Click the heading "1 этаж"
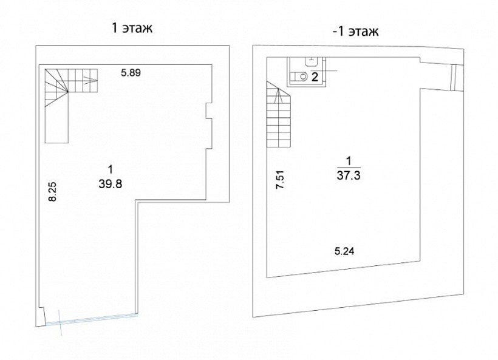click(132, 28)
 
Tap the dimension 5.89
click(131, 73)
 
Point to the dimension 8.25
click(52, 191)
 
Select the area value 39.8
click(110, 184)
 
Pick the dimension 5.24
click(344, 251)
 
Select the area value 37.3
click(349, 175)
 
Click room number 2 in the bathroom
click(315, 77)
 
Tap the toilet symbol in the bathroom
click(299, 76)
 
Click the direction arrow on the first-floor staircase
click(90, 78)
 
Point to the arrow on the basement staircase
click(279, 95)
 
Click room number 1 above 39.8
click(110, 170)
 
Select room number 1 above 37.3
click(349, 161)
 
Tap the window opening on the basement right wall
click(454, 78)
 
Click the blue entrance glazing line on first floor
click(92, 319)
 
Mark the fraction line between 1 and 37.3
click(349, 168)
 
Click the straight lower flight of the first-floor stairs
click(57, 118)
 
